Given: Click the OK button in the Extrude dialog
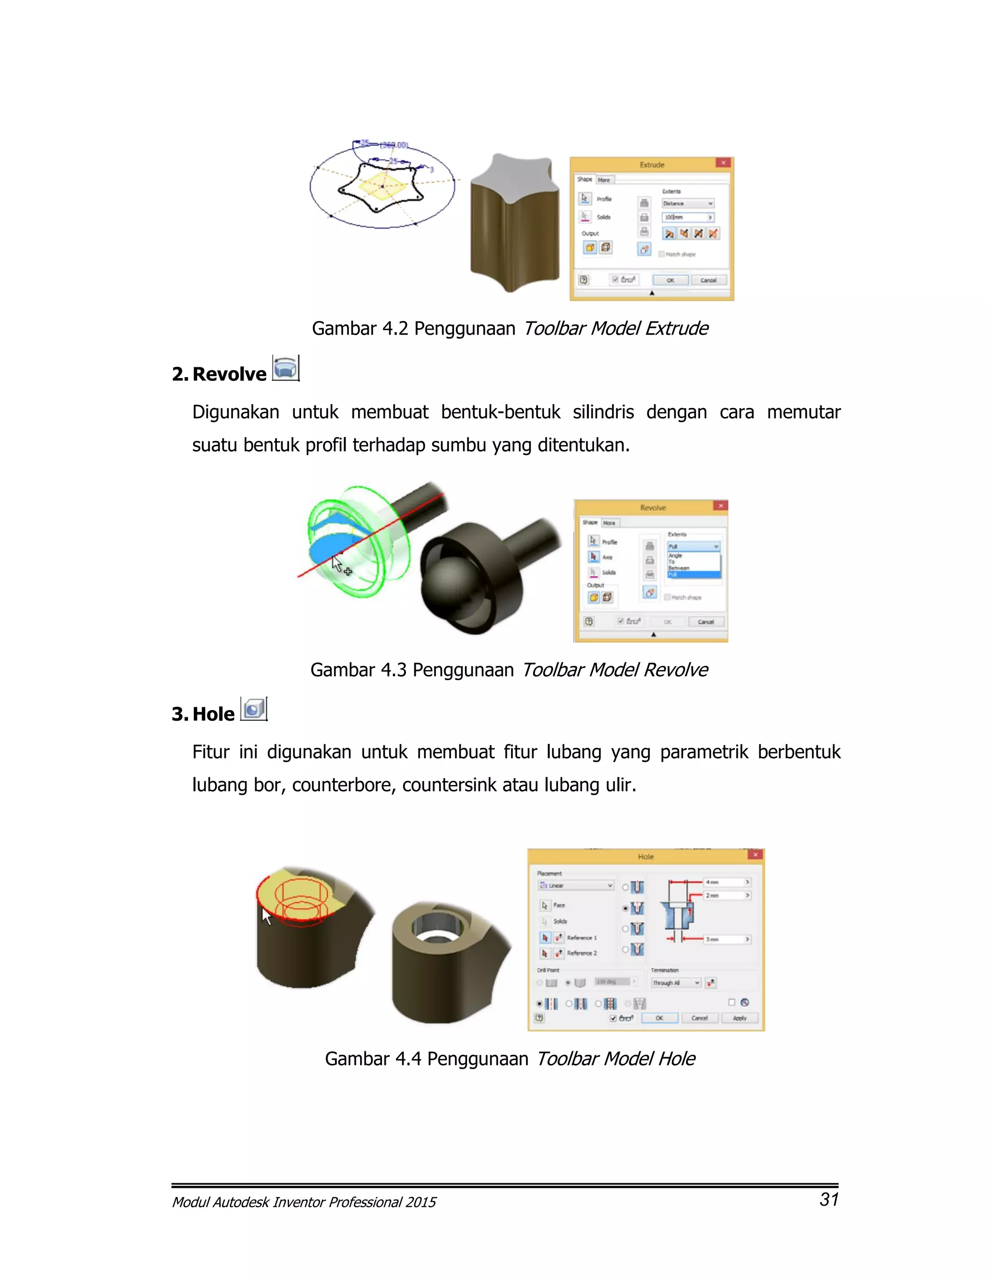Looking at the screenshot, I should point(670,280).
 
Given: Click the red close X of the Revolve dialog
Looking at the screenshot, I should point(720,506).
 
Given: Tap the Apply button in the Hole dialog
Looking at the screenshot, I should point(739,1018).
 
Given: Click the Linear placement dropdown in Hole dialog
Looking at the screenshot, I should point(576,886).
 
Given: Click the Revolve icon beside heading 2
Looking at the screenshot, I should point(286,368).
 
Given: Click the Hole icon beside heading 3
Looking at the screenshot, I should point(253,709).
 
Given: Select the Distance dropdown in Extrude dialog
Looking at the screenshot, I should point(687,204).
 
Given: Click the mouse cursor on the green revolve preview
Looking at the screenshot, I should point(336,564).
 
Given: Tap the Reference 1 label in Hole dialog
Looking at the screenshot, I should point(581,938).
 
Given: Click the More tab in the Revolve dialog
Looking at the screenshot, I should point(610,523).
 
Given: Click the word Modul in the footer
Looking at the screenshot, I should point(190,1202).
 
